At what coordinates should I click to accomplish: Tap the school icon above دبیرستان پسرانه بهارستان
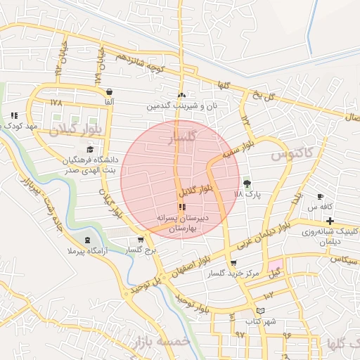tap(183, 207)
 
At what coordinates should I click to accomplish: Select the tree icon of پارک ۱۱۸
tap(246, 183)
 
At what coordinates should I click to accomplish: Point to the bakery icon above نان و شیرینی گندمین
tap(182, 95)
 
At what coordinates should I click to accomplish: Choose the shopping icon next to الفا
tap(109, 92)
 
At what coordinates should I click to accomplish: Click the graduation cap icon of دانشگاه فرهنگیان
tap(89, 149)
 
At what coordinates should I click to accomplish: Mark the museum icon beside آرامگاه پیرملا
tap(86, 240)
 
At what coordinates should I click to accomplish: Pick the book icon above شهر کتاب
tap(261, 310)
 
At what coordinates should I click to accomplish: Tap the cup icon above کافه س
tap(321, 196)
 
